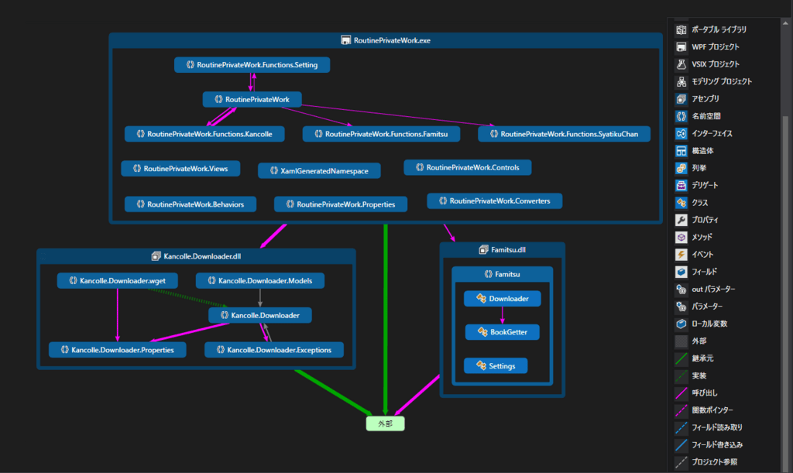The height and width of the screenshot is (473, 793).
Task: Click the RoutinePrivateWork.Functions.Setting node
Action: (x=252, y=65)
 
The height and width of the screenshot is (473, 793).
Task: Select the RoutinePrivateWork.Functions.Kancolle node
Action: (x=204, y=134)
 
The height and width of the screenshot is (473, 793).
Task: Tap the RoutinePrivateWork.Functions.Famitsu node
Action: (x=382, y=134)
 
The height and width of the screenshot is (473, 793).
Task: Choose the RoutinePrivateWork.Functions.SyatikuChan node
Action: (x=564, y=134)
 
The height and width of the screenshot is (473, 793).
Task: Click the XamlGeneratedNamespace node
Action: (x=319, y=170)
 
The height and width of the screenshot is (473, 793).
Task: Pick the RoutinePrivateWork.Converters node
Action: (x=494, y=201)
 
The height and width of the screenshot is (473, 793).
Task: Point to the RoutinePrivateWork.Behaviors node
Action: (x=190, y=204)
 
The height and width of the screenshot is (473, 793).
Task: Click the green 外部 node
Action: (x=386, y=423)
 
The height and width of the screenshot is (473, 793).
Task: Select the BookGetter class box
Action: (x=502, y=331)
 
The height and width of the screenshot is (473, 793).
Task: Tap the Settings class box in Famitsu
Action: (x=496, y=365)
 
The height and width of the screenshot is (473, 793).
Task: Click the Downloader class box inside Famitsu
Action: (x=502, y=298)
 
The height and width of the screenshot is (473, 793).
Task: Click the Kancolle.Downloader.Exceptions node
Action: (x=274, y=350)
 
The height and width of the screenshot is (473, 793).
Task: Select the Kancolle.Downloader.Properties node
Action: (x=117, y=350)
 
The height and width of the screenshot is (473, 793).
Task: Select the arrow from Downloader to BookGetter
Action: (x=502, y=315)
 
